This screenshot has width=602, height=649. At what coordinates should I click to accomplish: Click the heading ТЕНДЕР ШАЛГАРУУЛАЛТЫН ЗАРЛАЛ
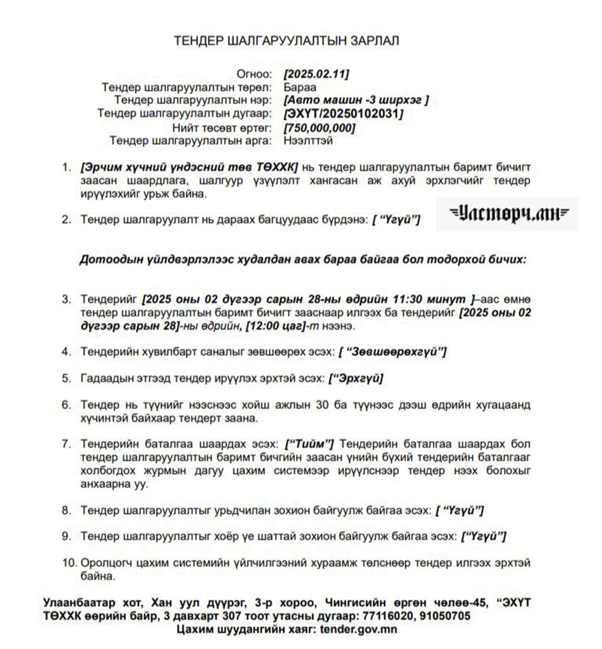click(287, 40)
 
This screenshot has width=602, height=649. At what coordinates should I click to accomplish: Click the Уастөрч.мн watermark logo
click(508, 214)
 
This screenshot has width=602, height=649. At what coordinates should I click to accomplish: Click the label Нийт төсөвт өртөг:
click(222, 127)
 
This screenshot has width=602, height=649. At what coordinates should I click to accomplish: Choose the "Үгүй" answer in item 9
click(484, 536)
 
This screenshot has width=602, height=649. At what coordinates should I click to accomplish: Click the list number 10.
click(68, 563)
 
